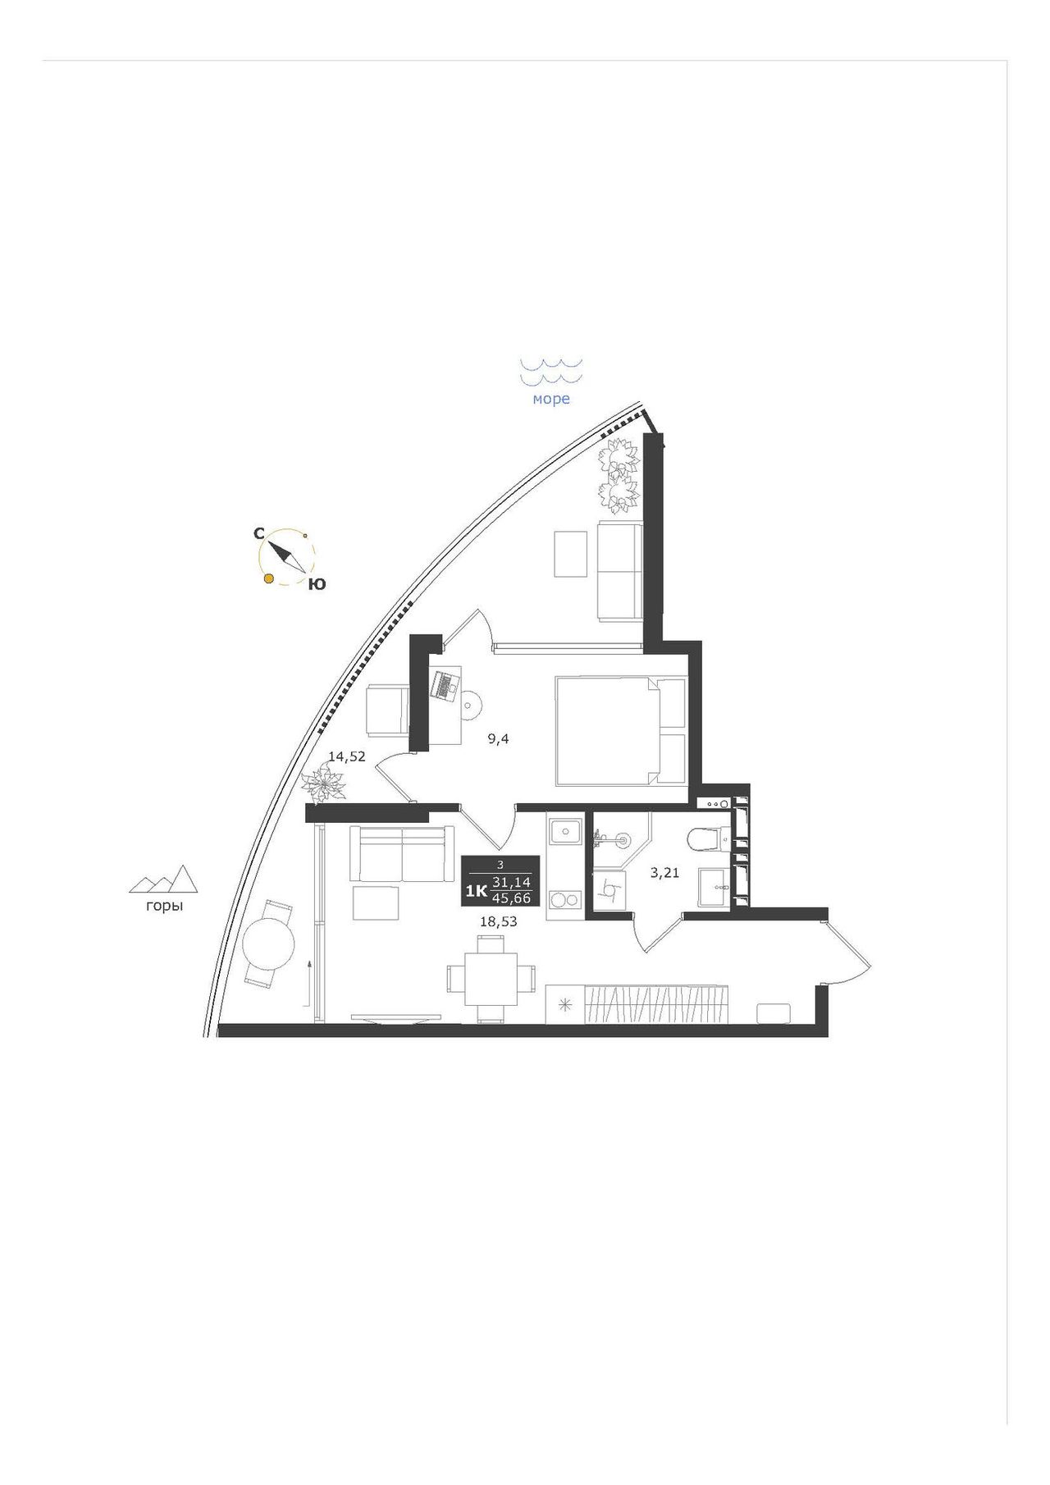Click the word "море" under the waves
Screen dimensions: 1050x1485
coord(551,400)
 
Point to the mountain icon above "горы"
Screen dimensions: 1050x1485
coord(164,879)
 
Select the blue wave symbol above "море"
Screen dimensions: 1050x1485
coord(551,371)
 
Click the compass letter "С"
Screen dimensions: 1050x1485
coord(258,533)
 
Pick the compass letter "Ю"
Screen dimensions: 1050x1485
coord(317,584)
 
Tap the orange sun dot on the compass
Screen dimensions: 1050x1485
coord(268,579)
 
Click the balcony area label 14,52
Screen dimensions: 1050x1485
coord(347,756)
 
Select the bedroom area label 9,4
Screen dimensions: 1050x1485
coord(499,738)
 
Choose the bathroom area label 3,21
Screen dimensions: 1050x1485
coord(664,873)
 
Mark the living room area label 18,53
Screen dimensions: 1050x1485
coord(499,921)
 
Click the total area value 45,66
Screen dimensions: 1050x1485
coord(512,898)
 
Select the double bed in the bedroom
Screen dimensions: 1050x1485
coord(621,730)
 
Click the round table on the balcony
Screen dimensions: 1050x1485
coord(268,944)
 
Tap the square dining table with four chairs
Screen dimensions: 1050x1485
coord(491,979)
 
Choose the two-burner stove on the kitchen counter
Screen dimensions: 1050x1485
coord(564,900)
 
